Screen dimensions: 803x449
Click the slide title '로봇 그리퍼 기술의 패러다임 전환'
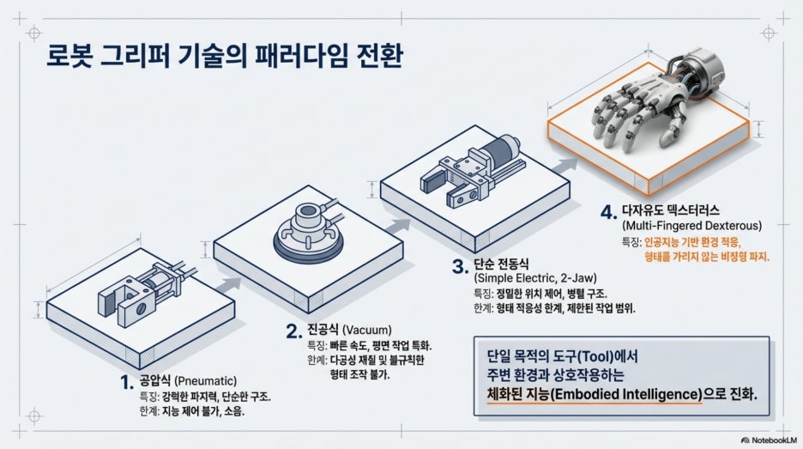(x=224, y=56)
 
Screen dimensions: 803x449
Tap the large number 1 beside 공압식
(x=126, y=382)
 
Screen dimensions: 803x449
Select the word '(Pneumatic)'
(x=205, y=381)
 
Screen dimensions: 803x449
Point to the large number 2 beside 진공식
(x=294, y=331)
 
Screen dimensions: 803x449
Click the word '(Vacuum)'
(x=366, y=330)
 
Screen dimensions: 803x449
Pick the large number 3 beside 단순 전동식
(x=460, y=266)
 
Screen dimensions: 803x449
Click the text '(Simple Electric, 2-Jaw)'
(x=535, y=278)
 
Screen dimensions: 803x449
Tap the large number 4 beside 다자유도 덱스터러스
(x=608, y=212)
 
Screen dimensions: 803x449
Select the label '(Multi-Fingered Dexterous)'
(x=691, y=226)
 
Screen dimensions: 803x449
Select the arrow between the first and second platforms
(x=228, y=285)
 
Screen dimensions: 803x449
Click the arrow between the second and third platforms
(x=397, y=226)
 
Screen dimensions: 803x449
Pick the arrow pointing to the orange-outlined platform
(x=565, y=166)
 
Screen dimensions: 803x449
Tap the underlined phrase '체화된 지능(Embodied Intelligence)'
(x=594, y=395)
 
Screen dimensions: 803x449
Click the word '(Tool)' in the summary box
(x=589, y=356)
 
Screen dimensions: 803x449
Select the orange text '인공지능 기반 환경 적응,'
(x=692, y=241)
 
